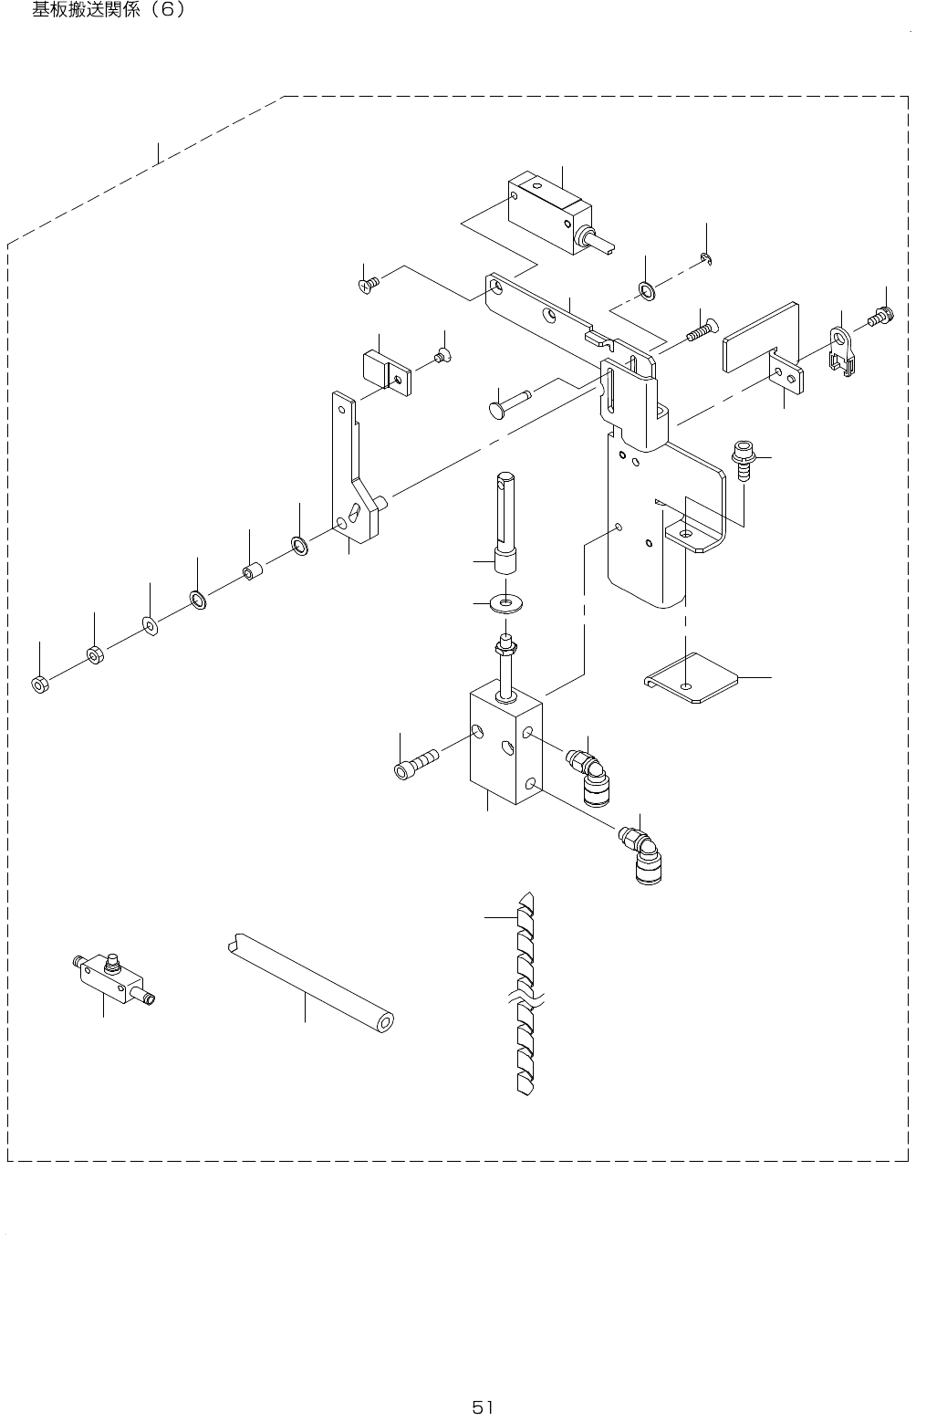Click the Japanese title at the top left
click(109, 12)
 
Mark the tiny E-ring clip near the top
click(707, 261)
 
